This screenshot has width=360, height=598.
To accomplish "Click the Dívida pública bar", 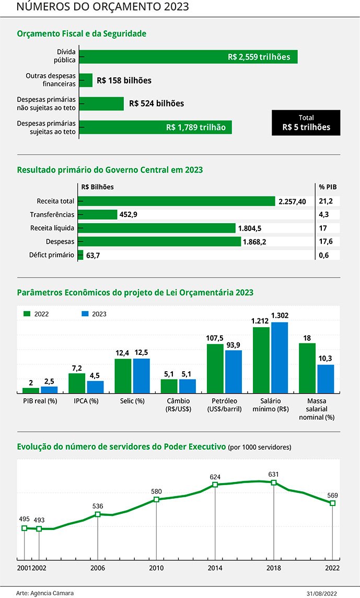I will point(188,57).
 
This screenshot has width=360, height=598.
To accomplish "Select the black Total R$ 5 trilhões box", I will point(306,123).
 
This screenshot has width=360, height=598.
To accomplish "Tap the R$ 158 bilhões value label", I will point(124,80).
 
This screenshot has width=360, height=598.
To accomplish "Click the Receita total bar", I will point(177,201).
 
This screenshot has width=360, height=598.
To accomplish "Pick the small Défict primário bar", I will point(80,255).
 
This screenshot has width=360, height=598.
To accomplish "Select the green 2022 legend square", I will point(27,314).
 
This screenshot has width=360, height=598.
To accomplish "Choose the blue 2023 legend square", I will point(85,314).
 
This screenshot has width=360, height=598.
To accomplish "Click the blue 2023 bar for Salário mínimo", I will point(279,358).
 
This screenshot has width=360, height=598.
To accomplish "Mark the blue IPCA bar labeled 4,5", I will point(95,387).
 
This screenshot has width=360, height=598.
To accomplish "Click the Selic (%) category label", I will point(132,401).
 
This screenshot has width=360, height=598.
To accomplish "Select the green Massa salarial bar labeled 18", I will point(307,368).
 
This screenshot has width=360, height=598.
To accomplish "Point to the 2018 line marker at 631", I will point(274,482).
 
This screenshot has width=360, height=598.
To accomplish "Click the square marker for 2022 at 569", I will point(332,503).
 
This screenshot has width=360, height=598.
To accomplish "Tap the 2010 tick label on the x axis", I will point(156,568).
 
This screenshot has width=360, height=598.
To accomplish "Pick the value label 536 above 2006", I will point(98,506).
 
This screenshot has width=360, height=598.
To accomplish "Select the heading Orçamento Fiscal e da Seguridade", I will point(82,33).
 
